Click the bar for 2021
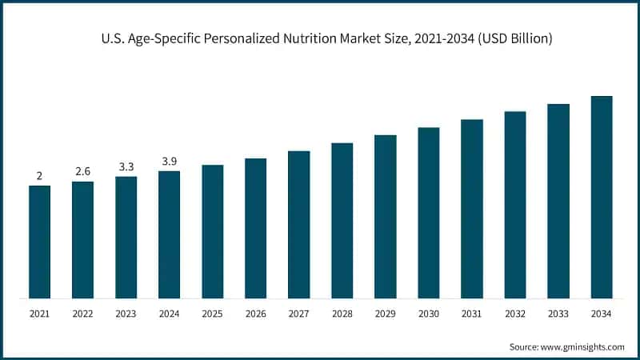pyautogui.click(x=39, y=242)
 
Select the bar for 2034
pyautogui.click(x=602, y=198)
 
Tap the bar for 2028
pyautogui.click(x=342, y=221)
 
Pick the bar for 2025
pyautogui.click(x=212, y=232)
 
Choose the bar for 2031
pyautogui.click(x=472, y=209)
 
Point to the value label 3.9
pyautogui.click(x=169, y=162)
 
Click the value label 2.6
pyautogui.click(x=82, y=172)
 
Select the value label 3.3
pyautogui.click(x=126, y=166)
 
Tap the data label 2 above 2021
pyautogui.click(x=39, y=176)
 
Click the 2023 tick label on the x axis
pyautogui.click(x=126, y=314)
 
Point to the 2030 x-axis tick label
pyautogui.click(x=429, y=314)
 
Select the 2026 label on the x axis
pyautogui.click(x=255, y=314)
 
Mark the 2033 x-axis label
pyautogui.click(x=558, y=314)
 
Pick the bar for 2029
pyautogui.click(x=386, y=217)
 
